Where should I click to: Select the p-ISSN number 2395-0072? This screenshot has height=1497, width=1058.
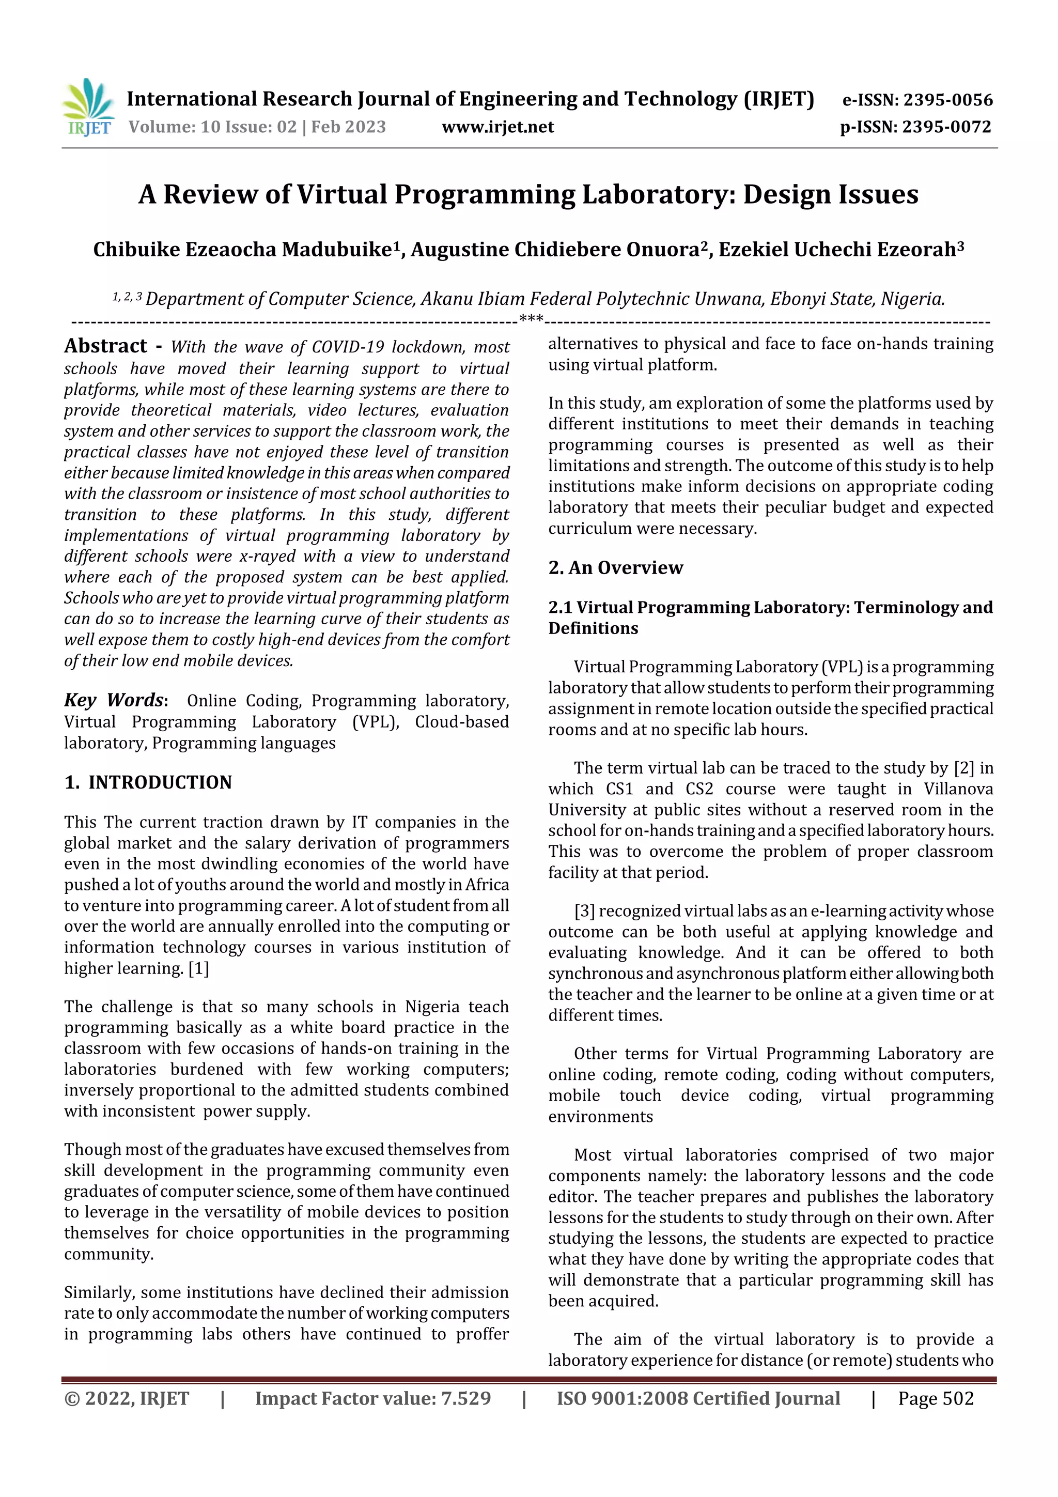[x=946, y=127]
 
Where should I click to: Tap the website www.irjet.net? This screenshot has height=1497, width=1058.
[x=497, y=127]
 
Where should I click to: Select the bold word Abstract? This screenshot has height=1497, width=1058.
[x=105, y=346]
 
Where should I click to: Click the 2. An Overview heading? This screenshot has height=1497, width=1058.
[x=615, y=568]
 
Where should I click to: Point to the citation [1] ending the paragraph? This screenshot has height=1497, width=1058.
[x=199, y=968]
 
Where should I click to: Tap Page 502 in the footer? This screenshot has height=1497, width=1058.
[x=936, y=1398]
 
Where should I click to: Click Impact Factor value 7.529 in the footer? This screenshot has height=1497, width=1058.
[x=373, y=1398]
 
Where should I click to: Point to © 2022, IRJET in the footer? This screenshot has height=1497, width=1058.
[x=127, y=1398]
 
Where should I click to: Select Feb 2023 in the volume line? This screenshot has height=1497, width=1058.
[x=348, y=127]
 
